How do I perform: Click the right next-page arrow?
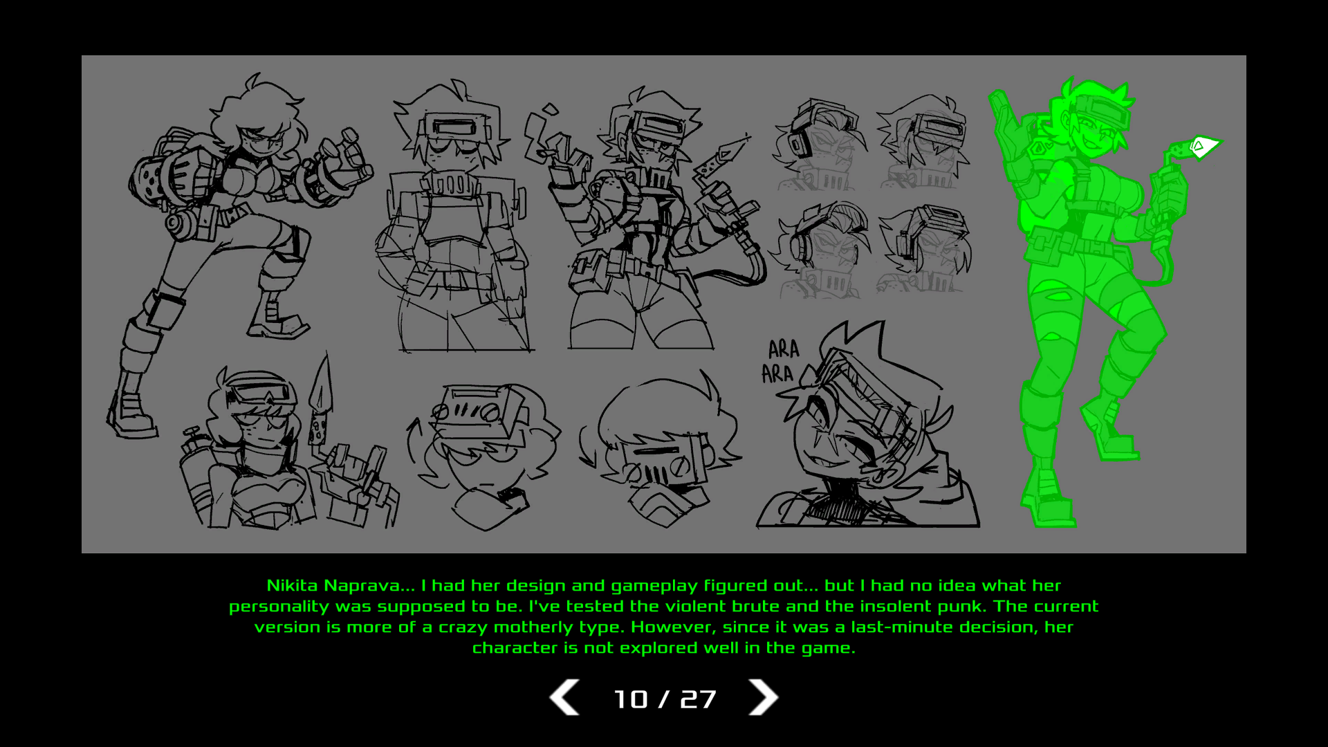(764, 697)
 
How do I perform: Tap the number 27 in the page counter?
(698, 699)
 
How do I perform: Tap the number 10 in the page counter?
(631, 699)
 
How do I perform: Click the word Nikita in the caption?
(292, 586)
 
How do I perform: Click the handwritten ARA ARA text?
(780, 361)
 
